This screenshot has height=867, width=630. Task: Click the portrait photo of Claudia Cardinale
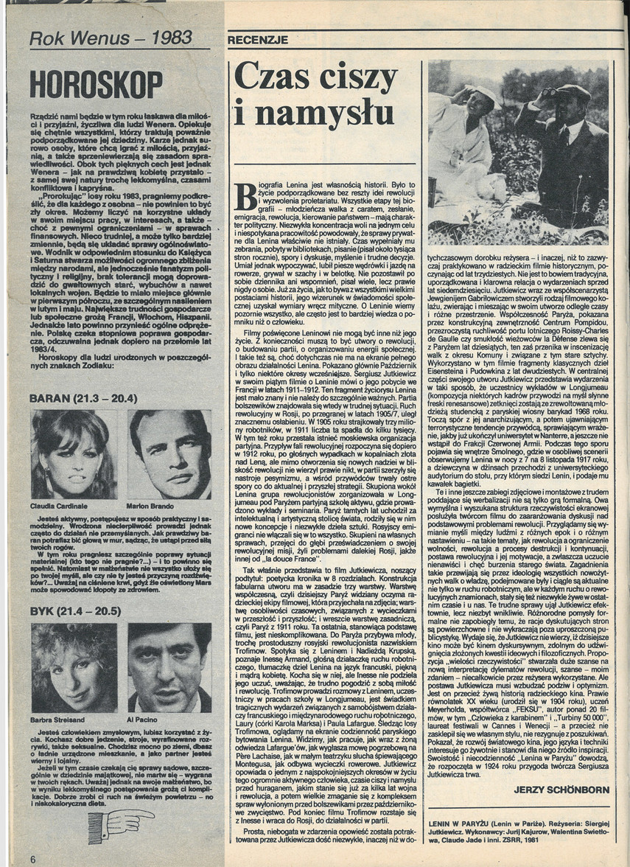(x=71, y=456)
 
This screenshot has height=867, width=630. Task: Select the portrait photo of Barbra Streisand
(x=72, y=669)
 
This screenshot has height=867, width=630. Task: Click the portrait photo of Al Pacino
(x=167, y=669)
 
